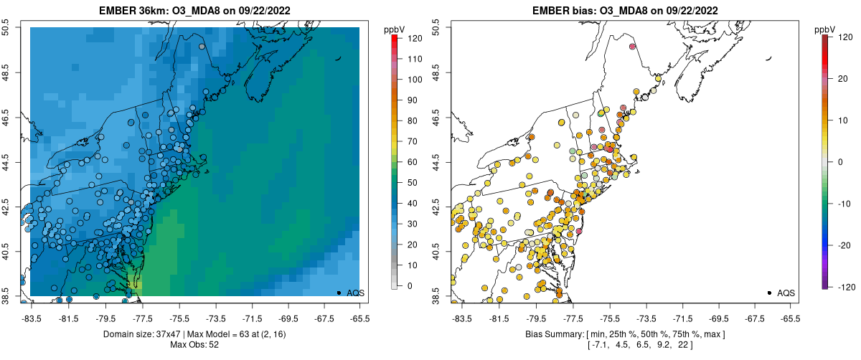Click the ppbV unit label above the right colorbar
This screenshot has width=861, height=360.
[x=825, y=29]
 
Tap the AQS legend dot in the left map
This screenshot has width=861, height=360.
[x=338, y=293]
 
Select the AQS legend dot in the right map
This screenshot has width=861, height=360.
[x=768, y=293]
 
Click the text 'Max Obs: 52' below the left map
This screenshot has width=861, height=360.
[x=195, y=345]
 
